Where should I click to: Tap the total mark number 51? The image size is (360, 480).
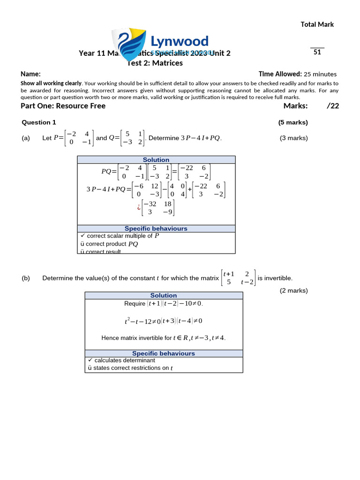[x=317, y=52]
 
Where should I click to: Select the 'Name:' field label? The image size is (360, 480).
[x=30, y=74]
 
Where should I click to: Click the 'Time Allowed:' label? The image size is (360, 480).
[x=280, y=74]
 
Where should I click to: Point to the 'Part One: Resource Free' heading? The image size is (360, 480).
[x=63, y=105]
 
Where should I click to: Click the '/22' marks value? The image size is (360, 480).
[x=333, y=105]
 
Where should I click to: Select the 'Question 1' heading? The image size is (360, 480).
[x=39, y=122]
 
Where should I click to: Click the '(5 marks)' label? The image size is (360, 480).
[x=293, y=122]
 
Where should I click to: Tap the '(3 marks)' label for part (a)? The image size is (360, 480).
[x=294, y=138]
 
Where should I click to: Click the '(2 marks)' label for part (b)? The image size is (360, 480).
[x=294, y=290]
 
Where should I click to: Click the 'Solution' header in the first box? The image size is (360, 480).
[x=156, y=160]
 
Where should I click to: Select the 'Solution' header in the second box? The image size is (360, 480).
[x=164, y=295]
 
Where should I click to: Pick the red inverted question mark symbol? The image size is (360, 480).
[x=139, y=208]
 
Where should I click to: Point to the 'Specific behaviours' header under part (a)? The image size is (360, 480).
[x=156, y=228]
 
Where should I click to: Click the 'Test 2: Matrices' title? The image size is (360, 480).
[x=156, y=63]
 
